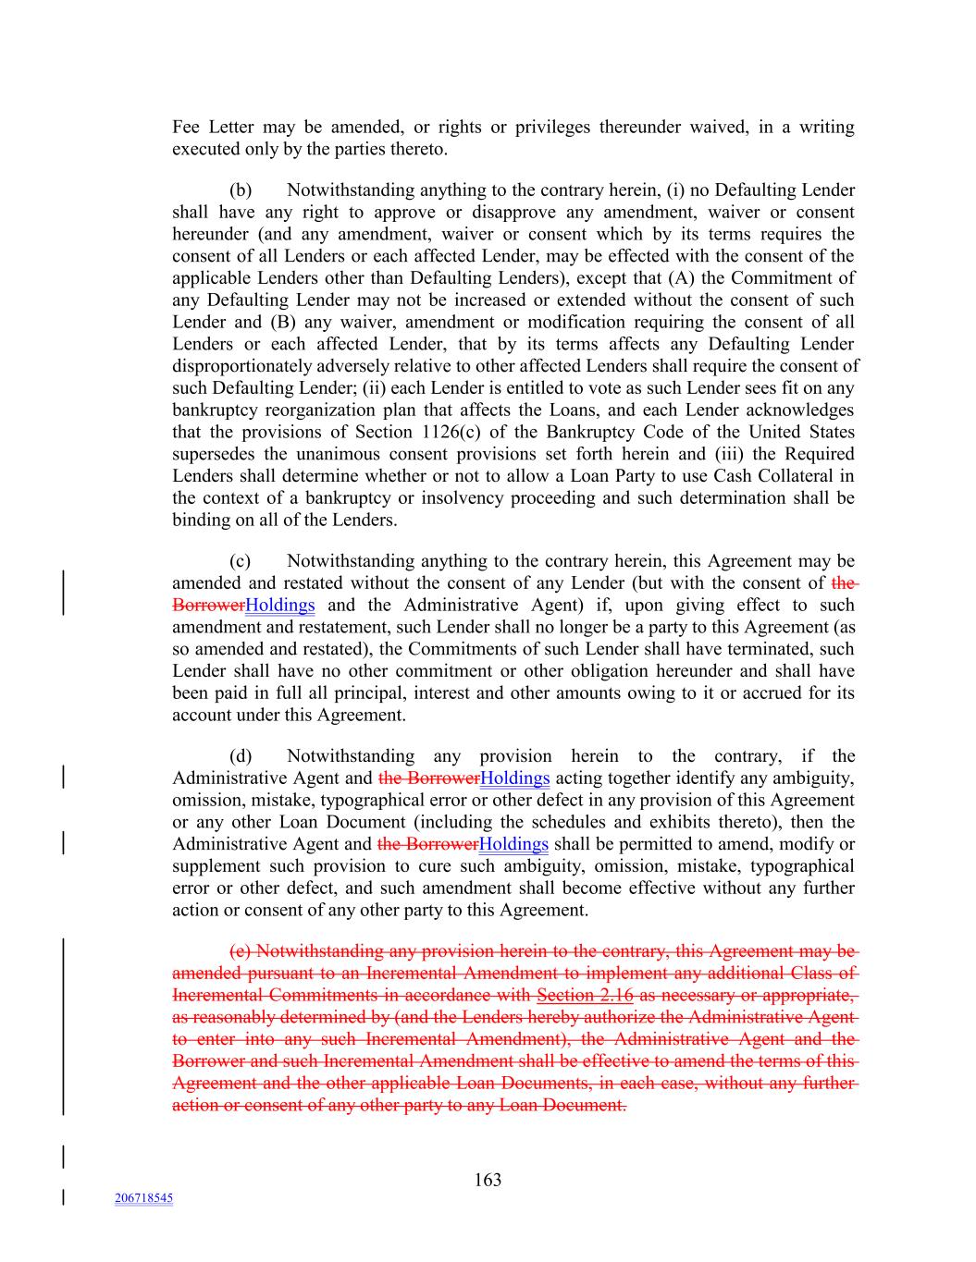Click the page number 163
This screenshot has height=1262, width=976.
point(488,1180)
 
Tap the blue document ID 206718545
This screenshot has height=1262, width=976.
point(143,1198)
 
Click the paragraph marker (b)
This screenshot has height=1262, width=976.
point(241,190)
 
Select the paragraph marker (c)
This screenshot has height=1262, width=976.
point(240,561)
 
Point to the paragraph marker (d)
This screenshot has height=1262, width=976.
point(241,756)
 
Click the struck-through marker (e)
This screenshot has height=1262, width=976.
point(240,951)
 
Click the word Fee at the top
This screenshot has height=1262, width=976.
point(186,128)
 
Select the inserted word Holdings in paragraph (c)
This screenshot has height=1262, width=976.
point(280,606)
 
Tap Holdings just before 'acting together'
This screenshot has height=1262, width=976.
point(515,778)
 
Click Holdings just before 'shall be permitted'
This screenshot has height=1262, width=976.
point(513,844)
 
